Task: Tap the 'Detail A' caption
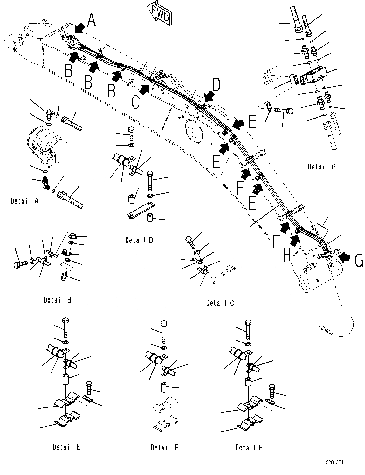click(25, 201)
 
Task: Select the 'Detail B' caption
click(58, 300)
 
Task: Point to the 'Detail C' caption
click(220, 303)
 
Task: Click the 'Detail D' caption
click(139, 240)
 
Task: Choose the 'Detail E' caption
click(66, 447)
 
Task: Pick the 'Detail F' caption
click(164, 447)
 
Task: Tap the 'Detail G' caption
click(322, 167)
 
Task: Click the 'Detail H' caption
click(249, 447)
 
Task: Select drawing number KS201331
click(334, 462)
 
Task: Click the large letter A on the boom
click(91, 21)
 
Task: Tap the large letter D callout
click(217, 85)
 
